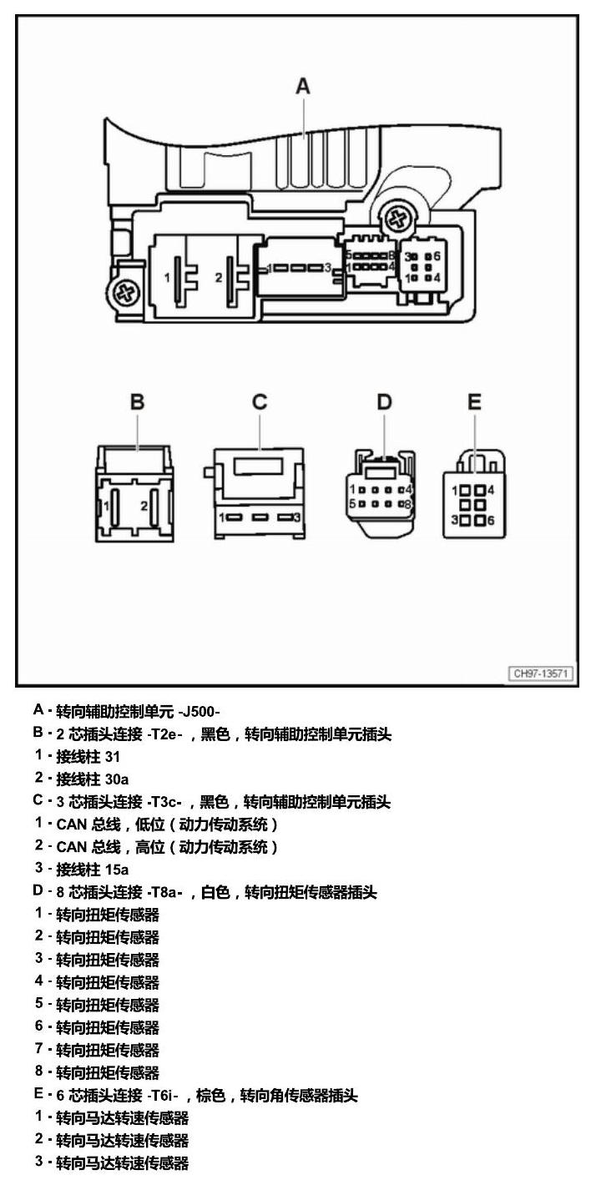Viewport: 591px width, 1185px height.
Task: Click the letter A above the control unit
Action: coord(303,86)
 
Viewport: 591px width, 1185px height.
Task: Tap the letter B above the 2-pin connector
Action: coord(138,402)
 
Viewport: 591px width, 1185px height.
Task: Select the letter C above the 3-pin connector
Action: coord(260,402)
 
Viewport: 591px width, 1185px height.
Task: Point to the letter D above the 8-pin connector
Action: coord(384,402)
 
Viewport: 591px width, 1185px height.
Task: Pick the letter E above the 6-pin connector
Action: coord(474,402)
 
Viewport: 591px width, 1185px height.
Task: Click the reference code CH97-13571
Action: coord(540,673)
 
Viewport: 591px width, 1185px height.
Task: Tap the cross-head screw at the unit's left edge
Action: coord(125,291)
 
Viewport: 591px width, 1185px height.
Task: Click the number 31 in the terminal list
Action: coord(112,757)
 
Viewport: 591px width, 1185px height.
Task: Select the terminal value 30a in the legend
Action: coord(116,779)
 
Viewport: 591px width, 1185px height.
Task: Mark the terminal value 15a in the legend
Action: coord(116,870)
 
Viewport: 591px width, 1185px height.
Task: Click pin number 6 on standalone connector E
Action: coord(491,521)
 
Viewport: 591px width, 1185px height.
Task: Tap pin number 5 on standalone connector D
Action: coord(352,504)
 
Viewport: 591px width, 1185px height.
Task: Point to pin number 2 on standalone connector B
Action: coord(144,507)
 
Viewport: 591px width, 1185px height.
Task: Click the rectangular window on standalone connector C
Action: coord(260,466)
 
